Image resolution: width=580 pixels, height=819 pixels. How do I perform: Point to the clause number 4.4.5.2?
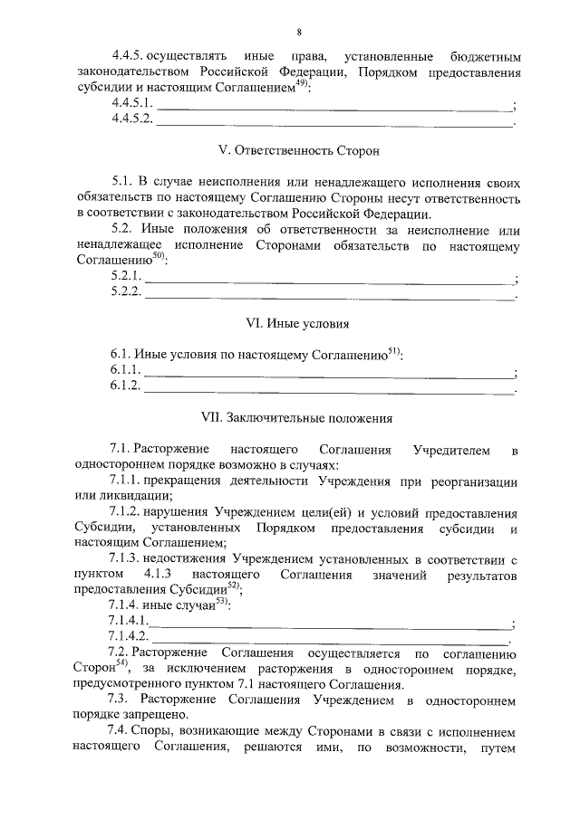[x=132, y=119]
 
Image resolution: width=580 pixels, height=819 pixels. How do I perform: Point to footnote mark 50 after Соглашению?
[x=159, y=256]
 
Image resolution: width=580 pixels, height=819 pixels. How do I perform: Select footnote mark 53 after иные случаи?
[x=222, y=602]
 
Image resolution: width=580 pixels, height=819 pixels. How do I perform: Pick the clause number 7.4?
[x=118, y=731]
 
